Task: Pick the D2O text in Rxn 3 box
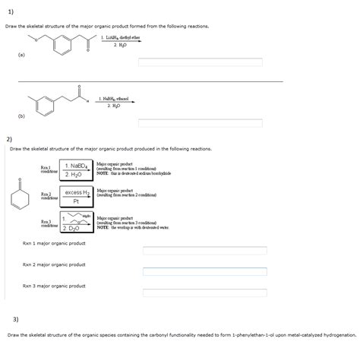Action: [x=75, y=228]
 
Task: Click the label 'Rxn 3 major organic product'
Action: [x=54, y=286]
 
